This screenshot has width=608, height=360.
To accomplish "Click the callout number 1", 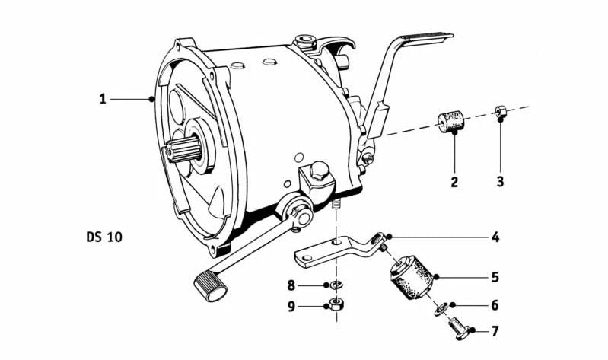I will [x=102, y=99].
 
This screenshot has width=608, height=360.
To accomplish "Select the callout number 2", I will [x=454, y=182].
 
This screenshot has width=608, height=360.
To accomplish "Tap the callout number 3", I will [x=500, y=182].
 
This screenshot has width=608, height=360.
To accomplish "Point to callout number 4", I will [x=495, y=237].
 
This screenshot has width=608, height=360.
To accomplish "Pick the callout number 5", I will [x=495, y=277].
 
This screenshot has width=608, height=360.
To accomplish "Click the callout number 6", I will [x=495, y=305].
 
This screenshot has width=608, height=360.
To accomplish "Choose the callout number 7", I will [x=495, y=331].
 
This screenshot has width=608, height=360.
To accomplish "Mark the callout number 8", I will [x=291, y=286].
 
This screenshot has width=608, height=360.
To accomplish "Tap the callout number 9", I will [x=291, y=308].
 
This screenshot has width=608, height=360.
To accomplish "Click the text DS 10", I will [x=103, y=237].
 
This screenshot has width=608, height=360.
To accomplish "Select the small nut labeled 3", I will [x=500, y=112].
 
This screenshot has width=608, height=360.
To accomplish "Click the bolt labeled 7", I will [x=457, y=328].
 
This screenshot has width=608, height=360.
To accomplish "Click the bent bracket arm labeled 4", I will [x=335, y=248].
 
